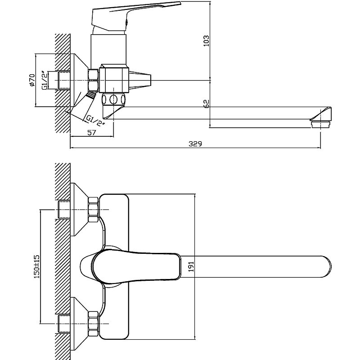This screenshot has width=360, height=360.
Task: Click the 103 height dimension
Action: [207, 40]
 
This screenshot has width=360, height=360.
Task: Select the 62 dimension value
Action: [207, 103]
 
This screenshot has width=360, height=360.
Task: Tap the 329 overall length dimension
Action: [195, 144]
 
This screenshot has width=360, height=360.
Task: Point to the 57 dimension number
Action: [92, 132]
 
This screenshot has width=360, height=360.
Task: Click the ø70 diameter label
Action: [32, 80]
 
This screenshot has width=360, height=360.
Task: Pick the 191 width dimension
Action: [191, 266]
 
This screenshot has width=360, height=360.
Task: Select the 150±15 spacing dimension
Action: [37, 266]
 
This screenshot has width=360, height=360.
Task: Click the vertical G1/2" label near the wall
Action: [45, 81]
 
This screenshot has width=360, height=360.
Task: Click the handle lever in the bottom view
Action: [135, 266]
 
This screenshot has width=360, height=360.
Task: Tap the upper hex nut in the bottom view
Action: [94, 210]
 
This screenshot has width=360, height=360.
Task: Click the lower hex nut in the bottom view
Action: [94, 324]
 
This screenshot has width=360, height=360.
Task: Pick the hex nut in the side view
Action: [94, 80]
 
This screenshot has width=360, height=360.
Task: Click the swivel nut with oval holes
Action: [114, 99]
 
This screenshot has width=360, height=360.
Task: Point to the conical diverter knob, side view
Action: [140, 80]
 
